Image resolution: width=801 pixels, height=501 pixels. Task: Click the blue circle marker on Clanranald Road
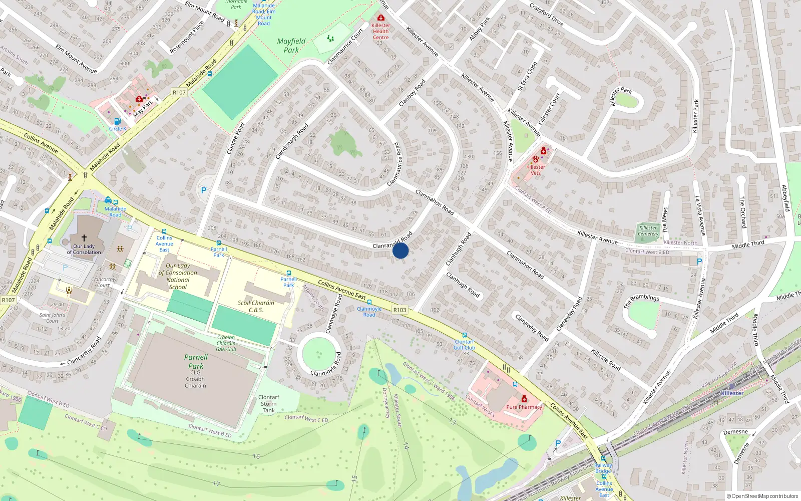point(400,250)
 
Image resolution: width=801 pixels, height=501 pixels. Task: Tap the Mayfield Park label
point(291,46)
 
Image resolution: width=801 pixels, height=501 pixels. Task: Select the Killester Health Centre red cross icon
point(380,18)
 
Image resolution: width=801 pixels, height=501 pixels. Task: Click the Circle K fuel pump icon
point(117,121)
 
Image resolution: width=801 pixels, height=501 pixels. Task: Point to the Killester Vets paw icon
point(535,159)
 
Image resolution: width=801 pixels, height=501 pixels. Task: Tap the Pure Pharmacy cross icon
point(524,399)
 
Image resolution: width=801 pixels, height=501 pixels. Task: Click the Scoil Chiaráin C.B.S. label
point(256,306)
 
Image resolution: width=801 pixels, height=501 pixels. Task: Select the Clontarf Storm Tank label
point(269,404)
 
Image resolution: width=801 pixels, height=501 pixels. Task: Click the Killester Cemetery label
point(648,230)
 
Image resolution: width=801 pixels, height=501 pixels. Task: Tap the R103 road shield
point(399,310)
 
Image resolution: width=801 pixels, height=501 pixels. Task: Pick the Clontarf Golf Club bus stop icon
point(464,335)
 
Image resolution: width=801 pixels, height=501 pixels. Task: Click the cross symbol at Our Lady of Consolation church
point(84,238)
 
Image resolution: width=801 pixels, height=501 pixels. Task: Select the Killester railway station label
point(732,393)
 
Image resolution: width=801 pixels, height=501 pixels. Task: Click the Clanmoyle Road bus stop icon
point(369,302)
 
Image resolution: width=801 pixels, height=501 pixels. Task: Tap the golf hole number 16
point(256,456)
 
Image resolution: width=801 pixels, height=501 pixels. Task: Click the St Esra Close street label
point(527,76)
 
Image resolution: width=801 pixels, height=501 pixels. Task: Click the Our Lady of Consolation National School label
point(178,276)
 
